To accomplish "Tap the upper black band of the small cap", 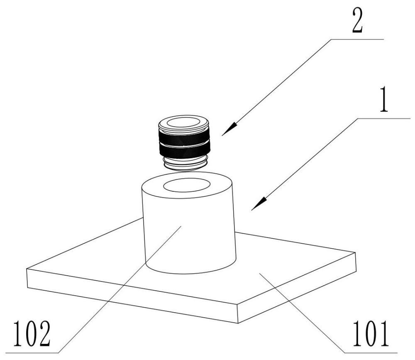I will coord(184,135).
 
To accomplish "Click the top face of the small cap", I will coord(184,123).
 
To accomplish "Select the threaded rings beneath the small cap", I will coord(184,164).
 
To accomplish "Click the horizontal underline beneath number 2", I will coord(357,39).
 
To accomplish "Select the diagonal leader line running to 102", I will coord(120,287).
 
